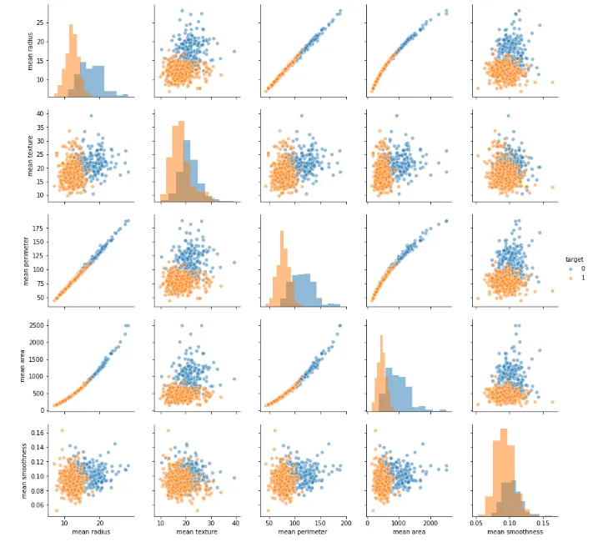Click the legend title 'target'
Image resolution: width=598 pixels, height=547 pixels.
click(574, 259)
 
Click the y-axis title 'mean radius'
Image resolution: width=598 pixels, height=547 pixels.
click(31, 49)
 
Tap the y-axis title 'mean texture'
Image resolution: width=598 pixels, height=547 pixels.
click(31, 155)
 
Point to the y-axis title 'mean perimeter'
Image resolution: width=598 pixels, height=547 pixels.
click(31, 260)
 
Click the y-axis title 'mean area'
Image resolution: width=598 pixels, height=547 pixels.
click(31, 365)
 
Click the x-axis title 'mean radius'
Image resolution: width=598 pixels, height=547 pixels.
click(92, 531)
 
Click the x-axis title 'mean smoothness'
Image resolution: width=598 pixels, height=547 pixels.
click(515, 531)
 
